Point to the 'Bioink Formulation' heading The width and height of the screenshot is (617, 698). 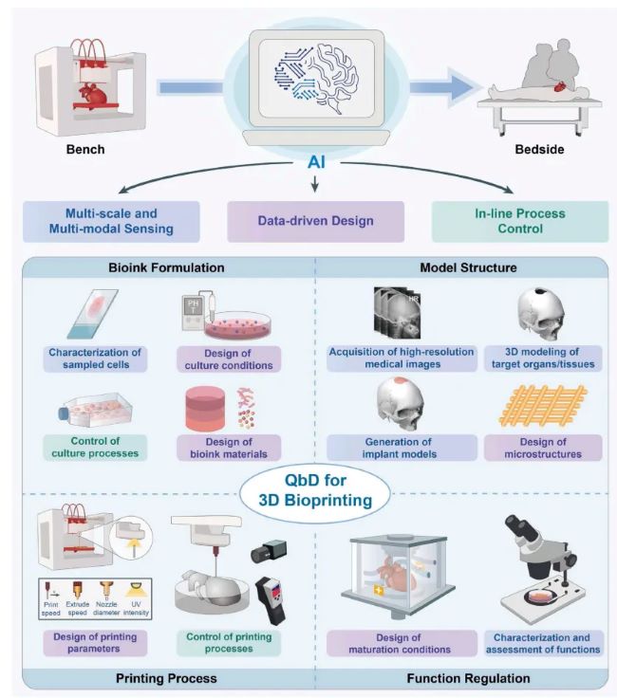pos(166,268)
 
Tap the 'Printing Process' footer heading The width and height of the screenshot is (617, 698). pos(167,677)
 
